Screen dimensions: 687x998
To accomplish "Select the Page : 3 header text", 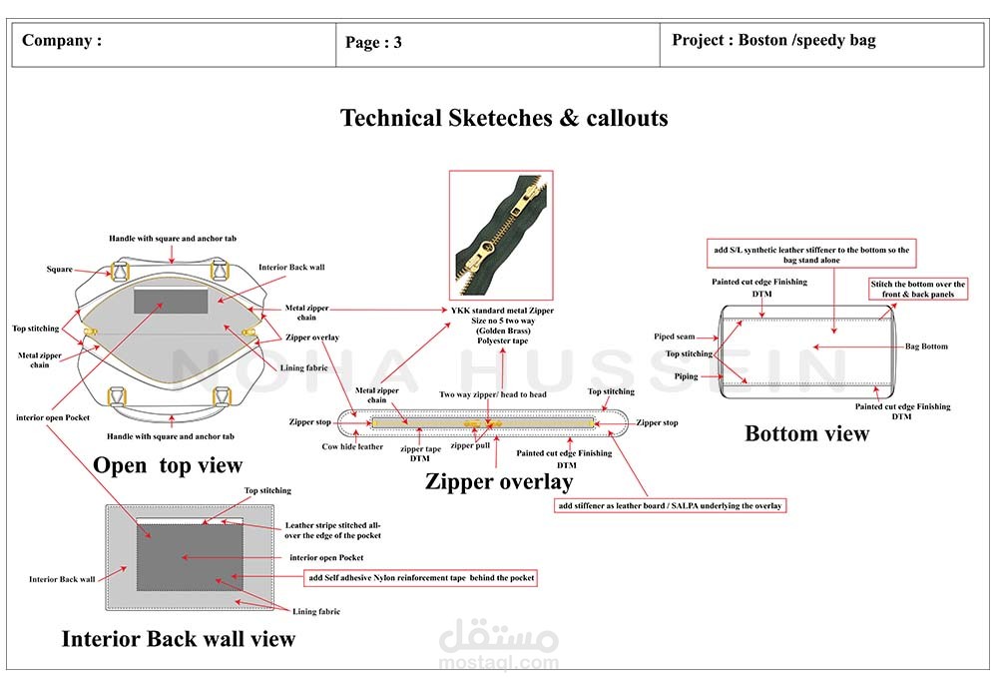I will [x=373, y=42].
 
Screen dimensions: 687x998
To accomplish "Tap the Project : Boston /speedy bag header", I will [x=773, y=41].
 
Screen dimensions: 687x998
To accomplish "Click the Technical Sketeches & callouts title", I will [x=504, y=118].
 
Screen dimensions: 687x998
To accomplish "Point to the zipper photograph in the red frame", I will [x=500, y=235].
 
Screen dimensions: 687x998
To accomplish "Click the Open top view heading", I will [x=168, y=465].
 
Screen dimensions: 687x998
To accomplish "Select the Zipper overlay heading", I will [x=499, y=482].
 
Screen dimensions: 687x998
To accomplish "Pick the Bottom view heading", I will [x=806, y=433].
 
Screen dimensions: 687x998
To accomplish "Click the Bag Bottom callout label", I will [x=926, y=346].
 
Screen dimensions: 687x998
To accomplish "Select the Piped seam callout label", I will [x=675, y=337].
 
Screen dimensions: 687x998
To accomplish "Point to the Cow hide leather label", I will [x=352, y=446].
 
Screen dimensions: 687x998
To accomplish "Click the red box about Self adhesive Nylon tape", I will [x=421, y=578].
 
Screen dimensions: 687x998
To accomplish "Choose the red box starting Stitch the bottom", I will [x=917, y=290].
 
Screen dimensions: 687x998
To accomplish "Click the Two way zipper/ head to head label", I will [x=493, y=394].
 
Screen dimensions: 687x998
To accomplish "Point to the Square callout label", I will [x=59, y=270].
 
